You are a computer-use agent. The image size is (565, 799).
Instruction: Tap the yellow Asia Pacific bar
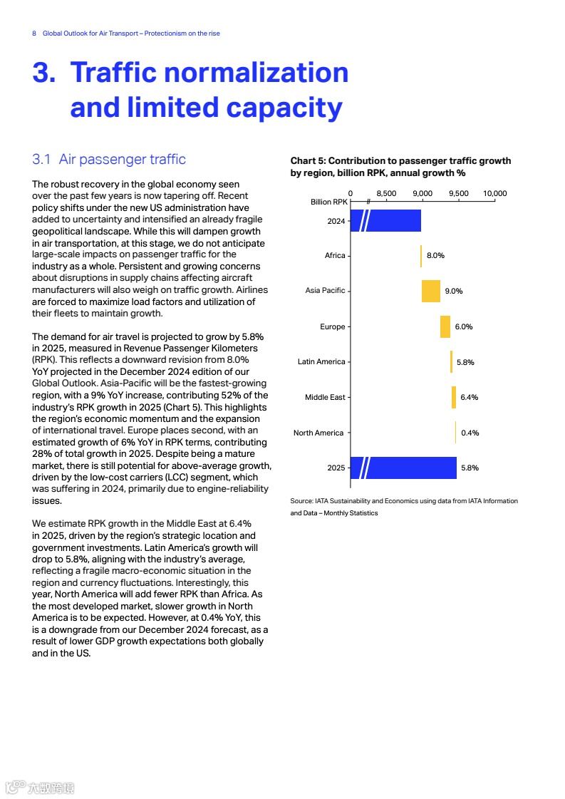pos(430,291)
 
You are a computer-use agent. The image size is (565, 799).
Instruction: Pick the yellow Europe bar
pos(445,326)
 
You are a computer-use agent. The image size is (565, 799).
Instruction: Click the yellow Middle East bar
pos(454,397)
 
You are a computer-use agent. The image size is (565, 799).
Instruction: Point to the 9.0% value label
pos(454,291)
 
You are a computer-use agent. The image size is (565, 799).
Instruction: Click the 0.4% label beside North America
pos(470,433)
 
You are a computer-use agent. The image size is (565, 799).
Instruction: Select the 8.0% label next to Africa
pos(435,255)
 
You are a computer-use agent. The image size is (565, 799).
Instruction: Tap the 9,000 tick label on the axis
pos(423,193)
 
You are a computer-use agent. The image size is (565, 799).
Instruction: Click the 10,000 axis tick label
pos(494,193)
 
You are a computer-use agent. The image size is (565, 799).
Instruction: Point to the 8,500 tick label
pos(386,193)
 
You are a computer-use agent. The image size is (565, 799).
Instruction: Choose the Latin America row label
pos(321,362)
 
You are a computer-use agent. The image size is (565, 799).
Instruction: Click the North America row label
pos(318,433)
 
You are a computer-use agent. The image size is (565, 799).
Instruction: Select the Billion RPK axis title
pos(328,202)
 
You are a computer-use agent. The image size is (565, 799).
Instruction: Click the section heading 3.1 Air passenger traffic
pos(109,159)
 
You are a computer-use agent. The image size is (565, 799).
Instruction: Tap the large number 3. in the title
pos(44,73)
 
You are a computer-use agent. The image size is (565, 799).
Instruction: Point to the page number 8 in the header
pos(34,33)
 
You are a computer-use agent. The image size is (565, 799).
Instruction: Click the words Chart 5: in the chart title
pos(308,161)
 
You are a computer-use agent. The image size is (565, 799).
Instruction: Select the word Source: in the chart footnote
pos(301,501)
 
